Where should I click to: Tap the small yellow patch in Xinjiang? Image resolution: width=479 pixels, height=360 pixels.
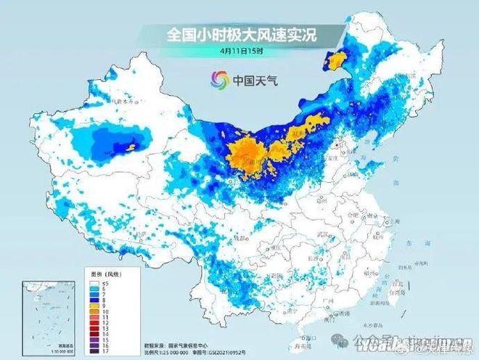(131, 147)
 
